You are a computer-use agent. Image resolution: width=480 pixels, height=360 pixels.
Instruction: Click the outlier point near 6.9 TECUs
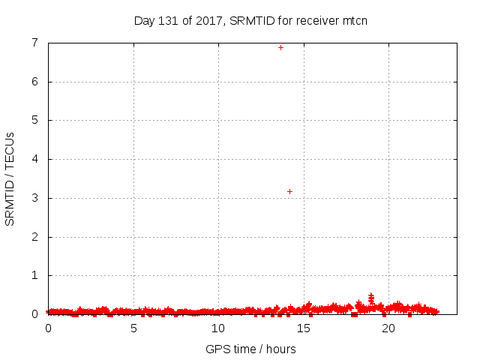[280, 47]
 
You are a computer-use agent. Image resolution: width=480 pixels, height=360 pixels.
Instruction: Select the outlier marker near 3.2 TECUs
[289, 191]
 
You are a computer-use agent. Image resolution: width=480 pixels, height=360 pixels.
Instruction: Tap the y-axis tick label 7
[35, 43]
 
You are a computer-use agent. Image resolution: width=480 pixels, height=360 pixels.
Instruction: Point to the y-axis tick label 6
[35, 82]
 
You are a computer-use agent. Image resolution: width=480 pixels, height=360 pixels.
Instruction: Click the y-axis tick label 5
[35, 120]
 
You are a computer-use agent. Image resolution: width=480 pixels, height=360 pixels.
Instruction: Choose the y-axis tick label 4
[35, 159]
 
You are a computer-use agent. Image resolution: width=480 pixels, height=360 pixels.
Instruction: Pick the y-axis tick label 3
[35, 198]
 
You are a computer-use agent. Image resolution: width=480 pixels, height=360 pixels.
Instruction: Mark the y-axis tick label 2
[35, 237]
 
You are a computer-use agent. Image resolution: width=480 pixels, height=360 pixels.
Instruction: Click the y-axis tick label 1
[35, 275]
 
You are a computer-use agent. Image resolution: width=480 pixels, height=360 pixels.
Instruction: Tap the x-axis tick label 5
[133, 328]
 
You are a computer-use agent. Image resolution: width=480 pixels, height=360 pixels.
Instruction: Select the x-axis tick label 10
[218, 328]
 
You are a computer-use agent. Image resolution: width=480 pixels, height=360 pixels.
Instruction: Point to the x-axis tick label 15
[303, 328]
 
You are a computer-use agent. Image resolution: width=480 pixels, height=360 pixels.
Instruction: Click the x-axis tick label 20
[388, 328]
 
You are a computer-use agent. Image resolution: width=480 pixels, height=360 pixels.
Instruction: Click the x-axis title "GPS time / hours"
[250, 349]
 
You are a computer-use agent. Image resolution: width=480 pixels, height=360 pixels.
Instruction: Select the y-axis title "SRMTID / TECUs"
[10, 178]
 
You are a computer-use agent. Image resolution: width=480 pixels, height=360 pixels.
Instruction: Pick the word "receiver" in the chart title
[316, 20]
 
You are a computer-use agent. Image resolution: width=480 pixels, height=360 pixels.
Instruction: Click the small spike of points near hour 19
[370, 298]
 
